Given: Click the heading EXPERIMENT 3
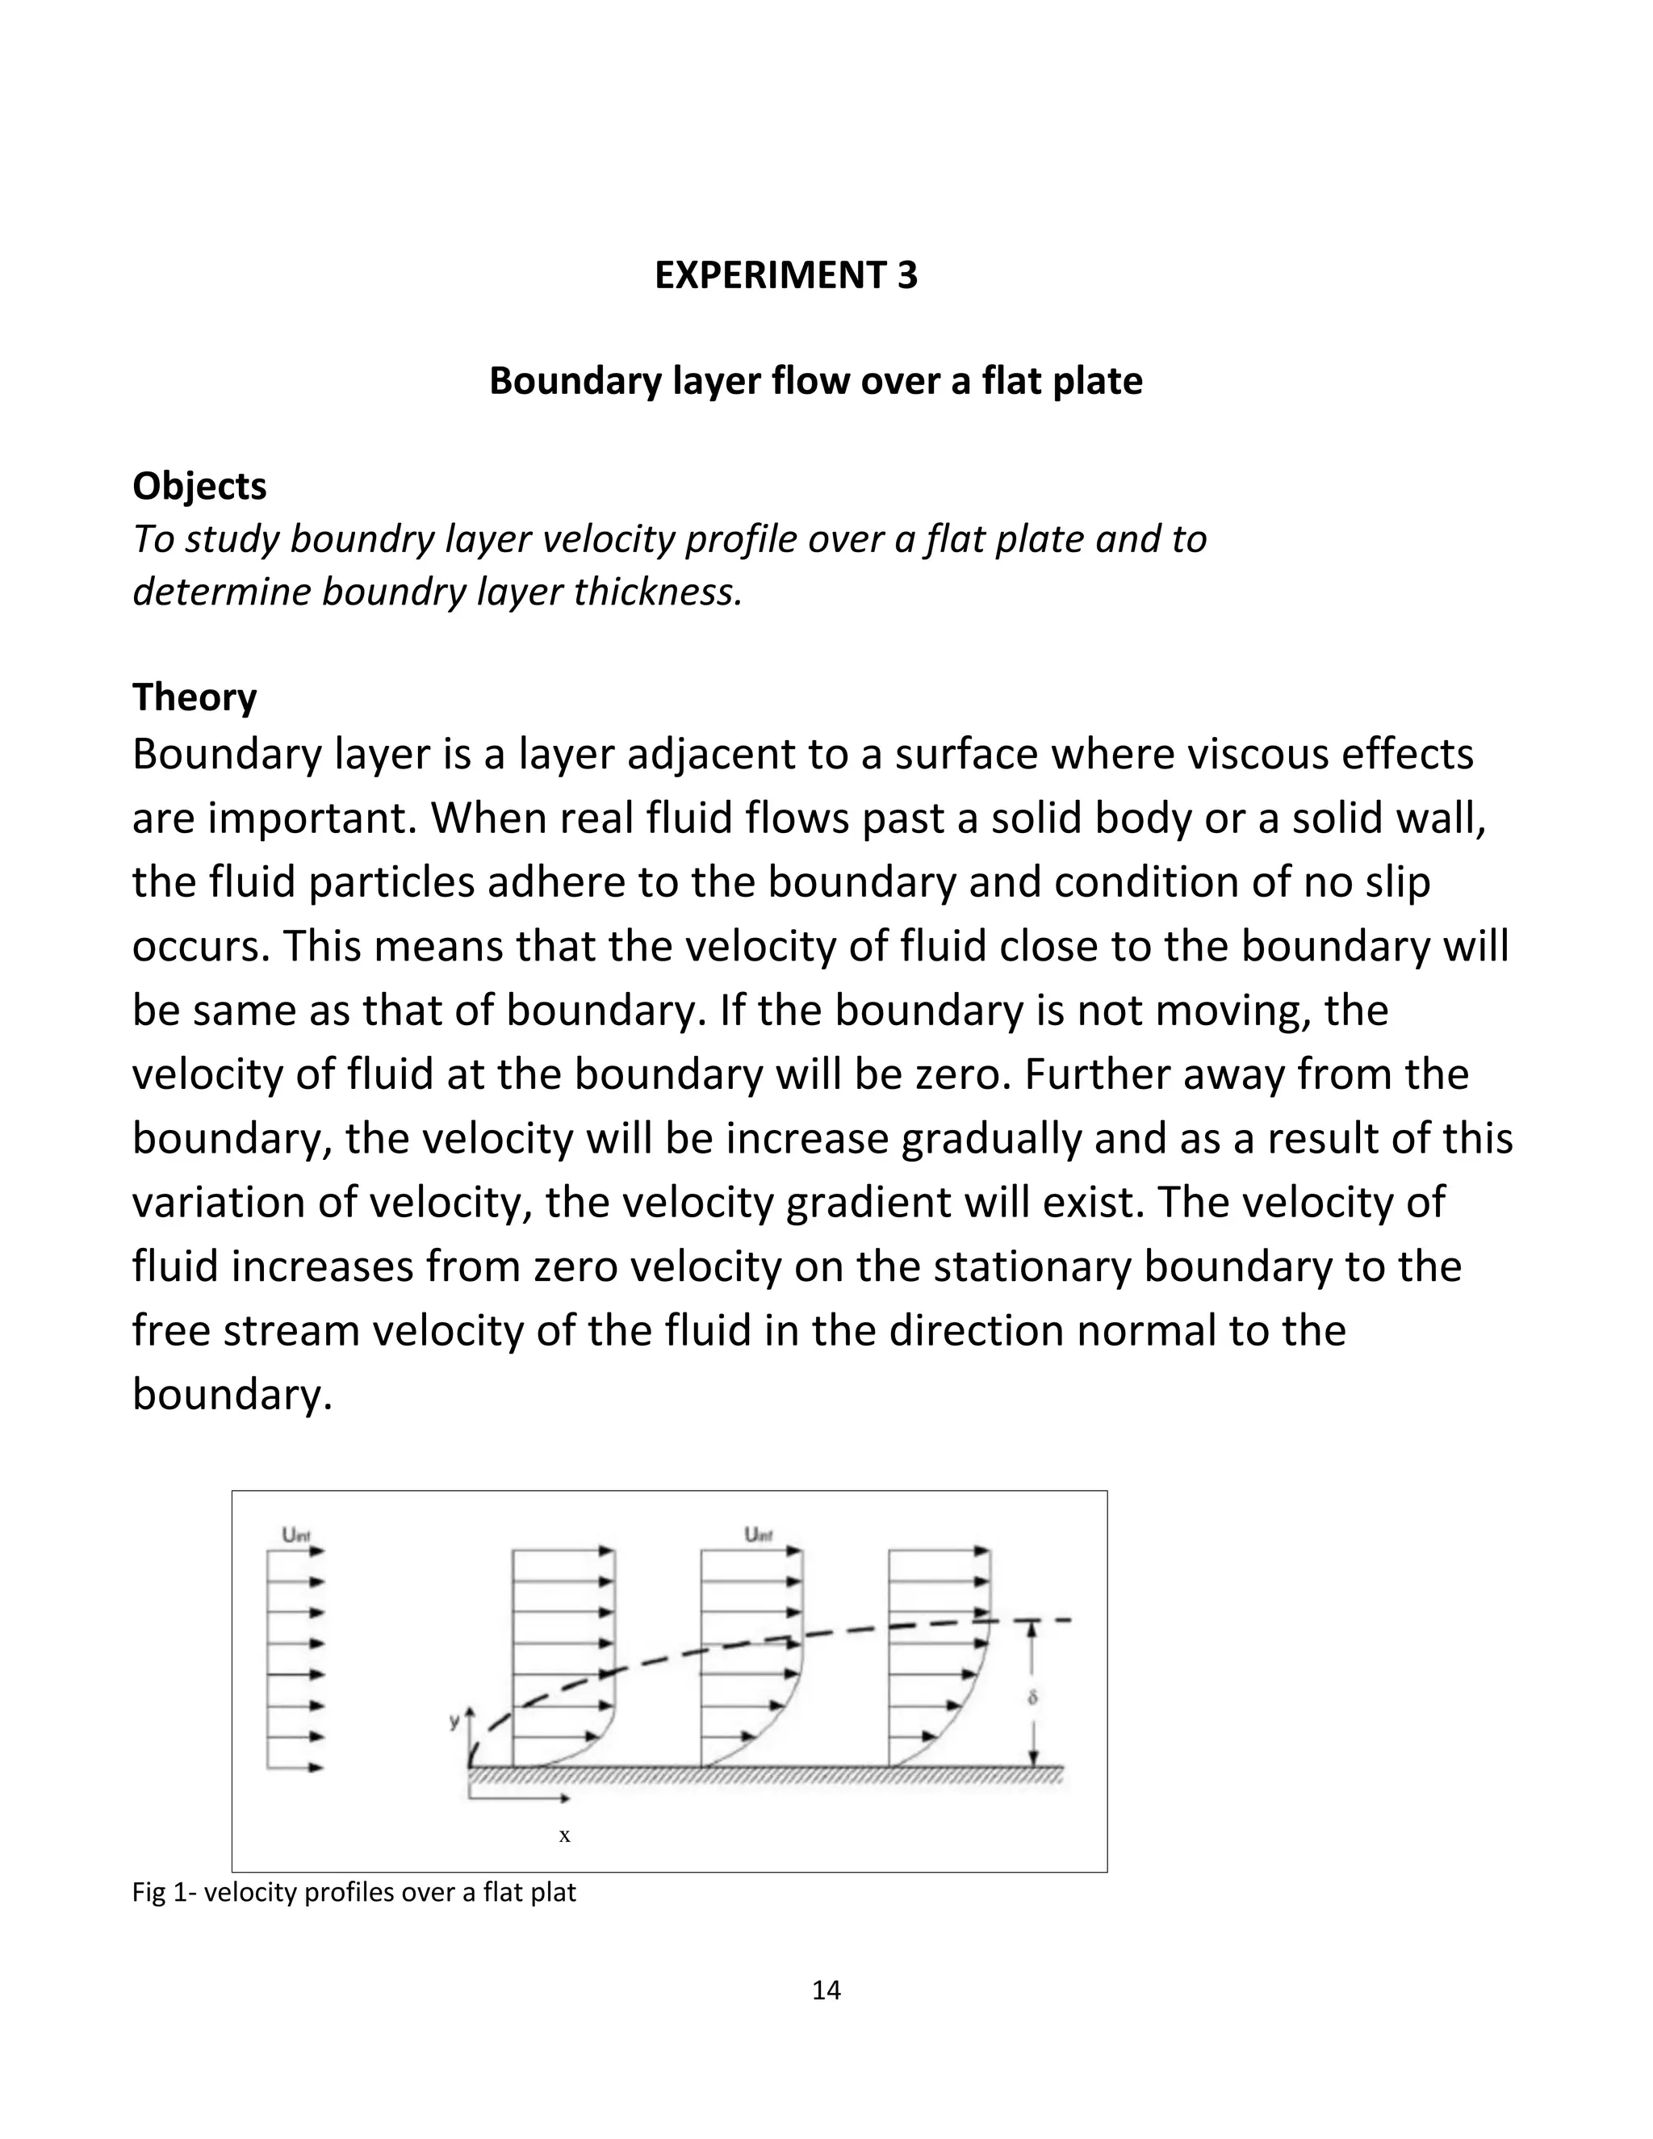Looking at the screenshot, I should click(785, 275).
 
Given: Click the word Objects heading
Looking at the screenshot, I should click(199, 486).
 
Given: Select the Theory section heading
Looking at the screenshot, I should click(194, 697).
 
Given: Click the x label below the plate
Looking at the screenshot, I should click(564, 1836).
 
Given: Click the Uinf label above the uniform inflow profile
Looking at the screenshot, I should click(295, 1534).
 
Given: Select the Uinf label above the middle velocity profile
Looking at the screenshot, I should click(758, 1534).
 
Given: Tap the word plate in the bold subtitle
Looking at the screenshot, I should click(1098, 380).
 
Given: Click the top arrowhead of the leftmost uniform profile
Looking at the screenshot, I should click(317, 1551).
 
